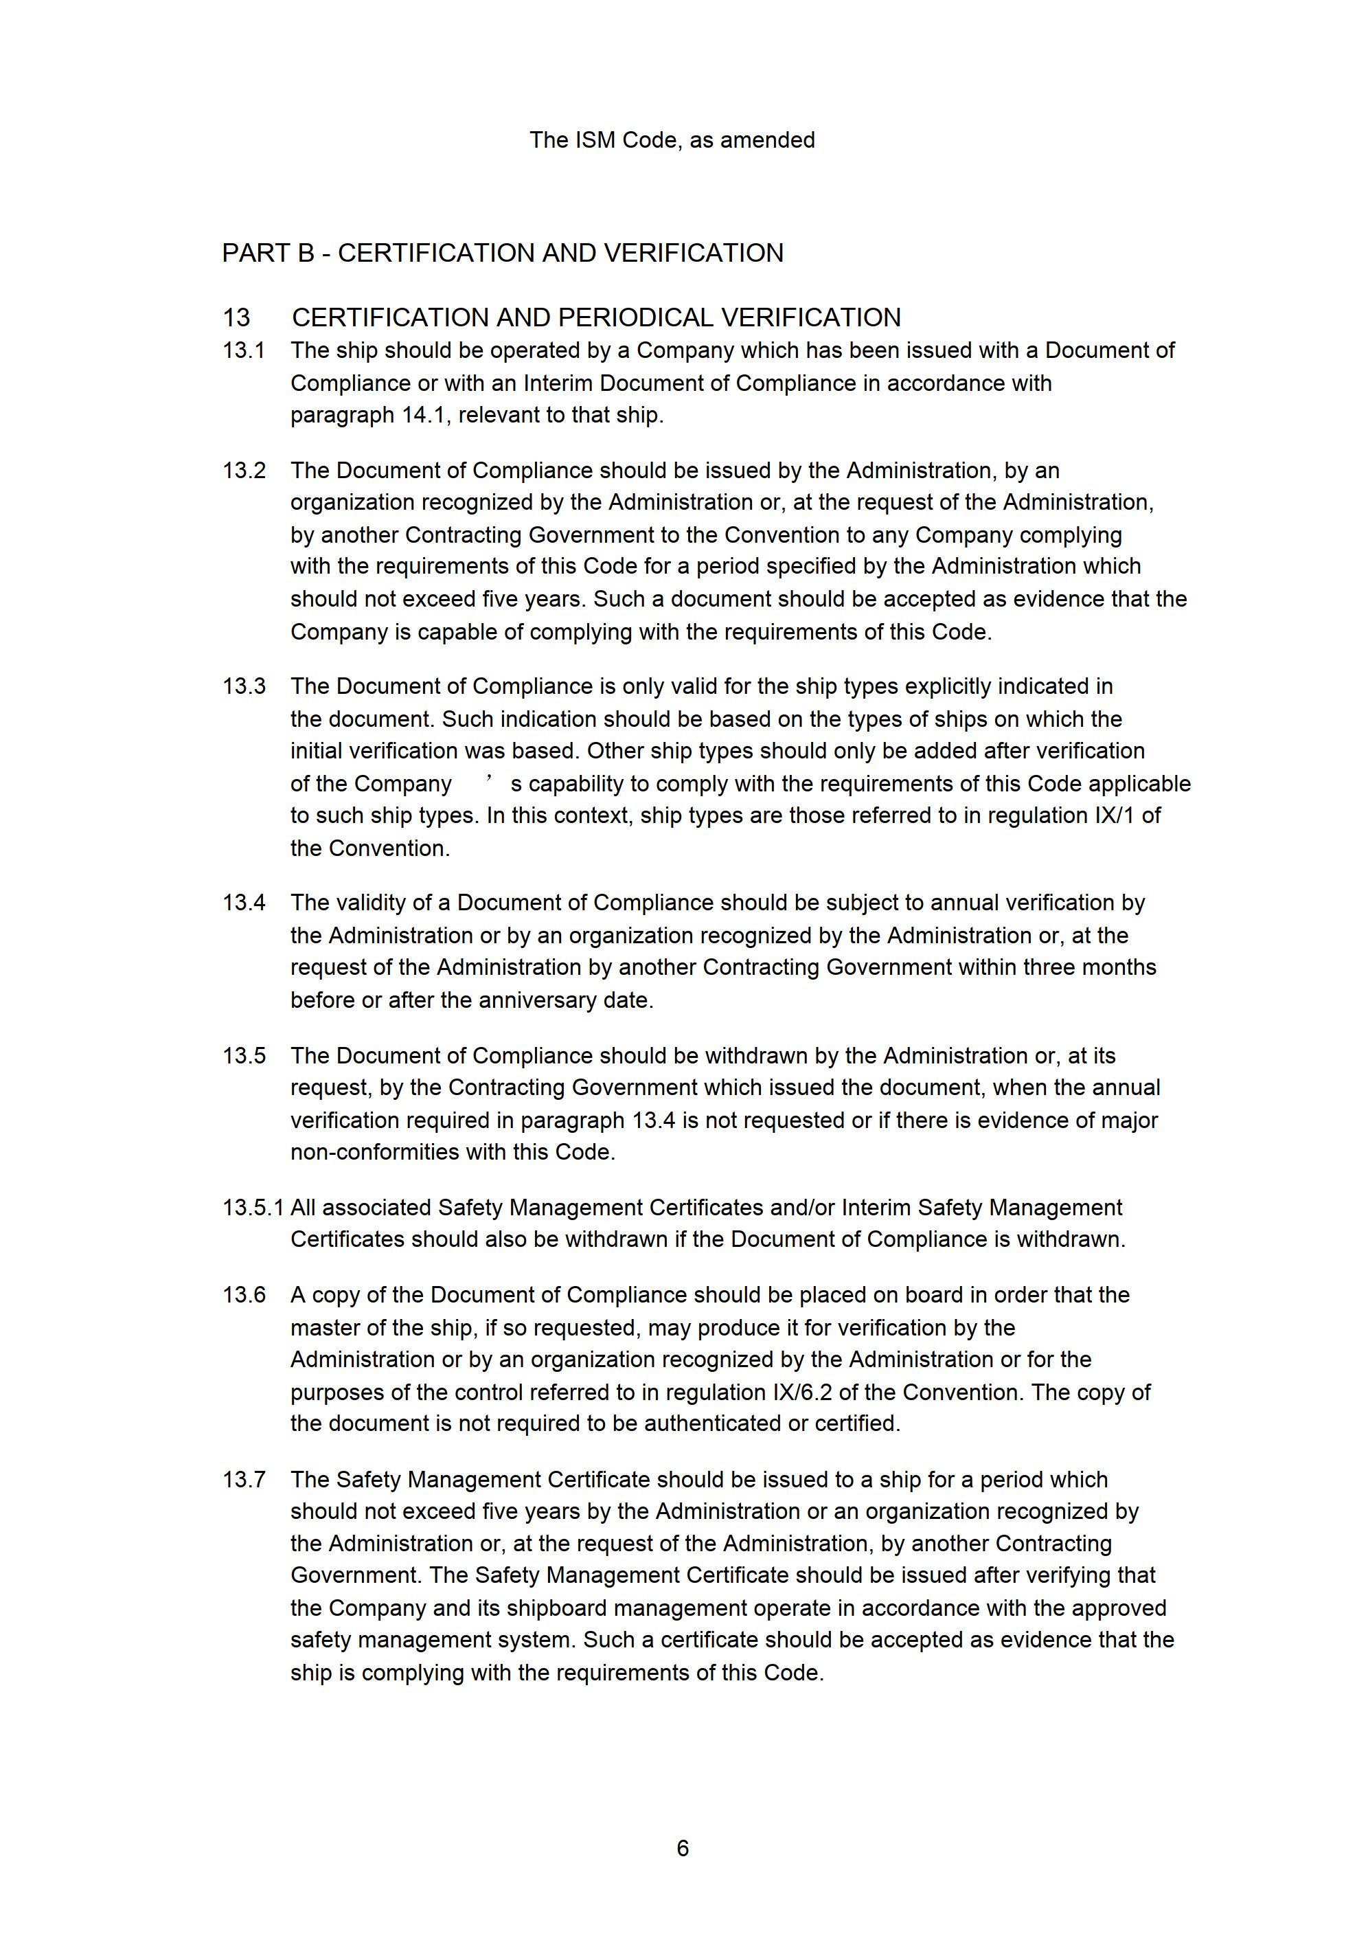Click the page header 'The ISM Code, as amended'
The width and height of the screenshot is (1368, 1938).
[x=672, y=140]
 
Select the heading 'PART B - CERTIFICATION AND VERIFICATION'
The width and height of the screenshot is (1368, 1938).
[x=502, y=253]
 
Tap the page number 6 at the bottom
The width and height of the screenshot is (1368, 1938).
[x=683, y=1849]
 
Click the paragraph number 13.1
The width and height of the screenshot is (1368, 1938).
[x=243, y=350]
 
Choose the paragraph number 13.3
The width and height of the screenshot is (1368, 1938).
[x=243, y=686]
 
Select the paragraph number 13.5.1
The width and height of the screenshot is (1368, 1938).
[x=253, y=1208]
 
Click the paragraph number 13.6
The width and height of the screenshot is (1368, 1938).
[x=243, y=1295]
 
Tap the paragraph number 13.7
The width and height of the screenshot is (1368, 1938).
[x=243, y=1480]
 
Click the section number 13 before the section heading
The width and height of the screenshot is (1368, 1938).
[x=236, y=318]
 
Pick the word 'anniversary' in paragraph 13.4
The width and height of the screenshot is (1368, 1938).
[x=535, y=1000]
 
